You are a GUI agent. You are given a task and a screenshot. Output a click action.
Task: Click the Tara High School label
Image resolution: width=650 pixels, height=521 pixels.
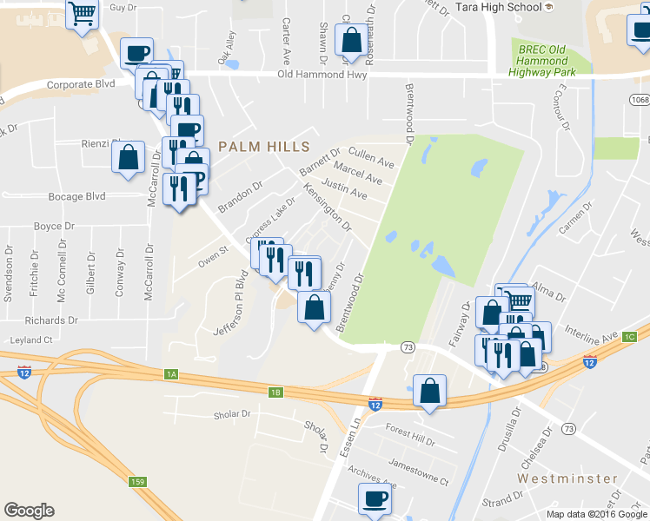click(x=493, y=7)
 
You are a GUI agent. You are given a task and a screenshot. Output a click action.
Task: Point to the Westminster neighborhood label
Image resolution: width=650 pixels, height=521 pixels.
click(x=567, y=478)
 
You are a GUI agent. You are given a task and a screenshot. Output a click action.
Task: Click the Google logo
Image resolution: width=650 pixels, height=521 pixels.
click(x=29, y=511)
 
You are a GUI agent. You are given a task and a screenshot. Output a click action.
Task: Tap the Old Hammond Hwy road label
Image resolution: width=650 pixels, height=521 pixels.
click(x=322, y=75)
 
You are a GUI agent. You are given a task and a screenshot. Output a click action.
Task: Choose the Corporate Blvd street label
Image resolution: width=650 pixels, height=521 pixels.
click(x=81, y=85)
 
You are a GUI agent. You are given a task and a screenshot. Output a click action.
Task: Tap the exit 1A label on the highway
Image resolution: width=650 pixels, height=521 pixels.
click(x=171, y=374)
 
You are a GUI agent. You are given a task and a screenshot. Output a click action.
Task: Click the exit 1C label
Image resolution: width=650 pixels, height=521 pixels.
click(x=630, y=336)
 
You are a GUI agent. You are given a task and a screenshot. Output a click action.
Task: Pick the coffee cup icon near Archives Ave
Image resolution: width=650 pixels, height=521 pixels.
click(x=375, y=498)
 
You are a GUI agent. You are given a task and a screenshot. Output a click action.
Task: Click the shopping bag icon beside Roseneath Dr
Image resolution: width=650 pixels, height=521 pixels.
click(x=351, y=41)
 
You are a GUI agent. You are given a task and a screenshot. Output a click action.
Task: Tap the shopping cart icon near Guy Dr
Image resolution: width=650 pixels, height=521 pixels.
click(x=83, y=13)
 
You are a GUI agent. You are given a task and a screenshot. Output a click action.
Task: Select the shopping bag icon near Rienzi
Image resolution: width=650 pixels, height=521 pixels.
click(x=129, y=158)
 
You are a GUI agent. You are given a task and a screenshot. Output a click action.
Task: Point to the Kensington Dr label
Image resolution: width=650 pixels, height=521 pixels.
click(x=327, y=208)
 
